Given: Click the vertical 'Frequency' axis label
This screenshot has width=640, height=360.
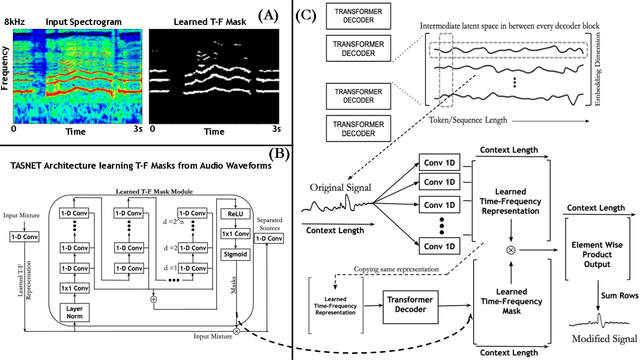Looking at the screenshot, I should point(7,76).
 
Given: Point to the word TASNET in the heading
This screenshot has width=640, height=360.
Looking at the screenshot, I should point(28,165).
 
